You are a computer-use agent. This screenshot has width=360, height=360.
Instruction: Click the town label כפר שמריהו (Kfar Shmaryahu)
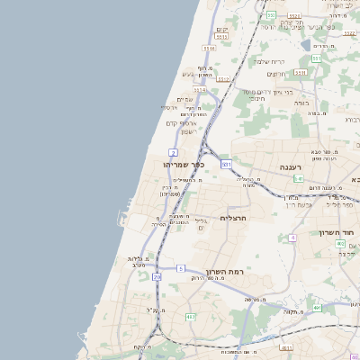[x=184, y=165]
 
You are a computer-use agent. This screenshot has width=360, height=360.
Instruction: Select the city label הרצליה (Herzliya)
[x=233, y=217]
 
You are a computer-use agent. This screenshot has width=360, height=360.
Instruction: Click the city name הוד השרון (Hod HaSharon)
[x=339, y=232]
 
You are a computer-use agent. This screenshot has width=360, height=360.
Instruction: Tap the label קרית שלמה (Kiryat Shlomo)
[x=270, y=61]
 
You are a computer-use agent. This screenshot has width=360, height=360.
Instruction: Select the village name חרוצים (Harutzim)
[x=277, y=74]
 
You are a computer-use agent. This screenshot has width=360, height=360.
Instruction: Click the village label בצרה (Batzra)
[x=315, y=114]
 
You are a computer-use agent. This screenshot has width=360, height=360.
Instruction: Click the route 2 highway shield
[x=173, y=153]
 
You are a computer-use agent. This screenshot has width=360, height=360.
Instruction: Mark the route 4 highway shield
[x=292, y=238]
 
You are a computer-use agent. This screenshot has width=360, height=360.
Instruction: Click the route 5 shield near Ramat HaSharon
[x=180, y=268]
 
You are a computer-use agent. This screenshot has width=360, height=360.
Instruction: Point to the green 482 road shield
[x=190, y=318]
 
